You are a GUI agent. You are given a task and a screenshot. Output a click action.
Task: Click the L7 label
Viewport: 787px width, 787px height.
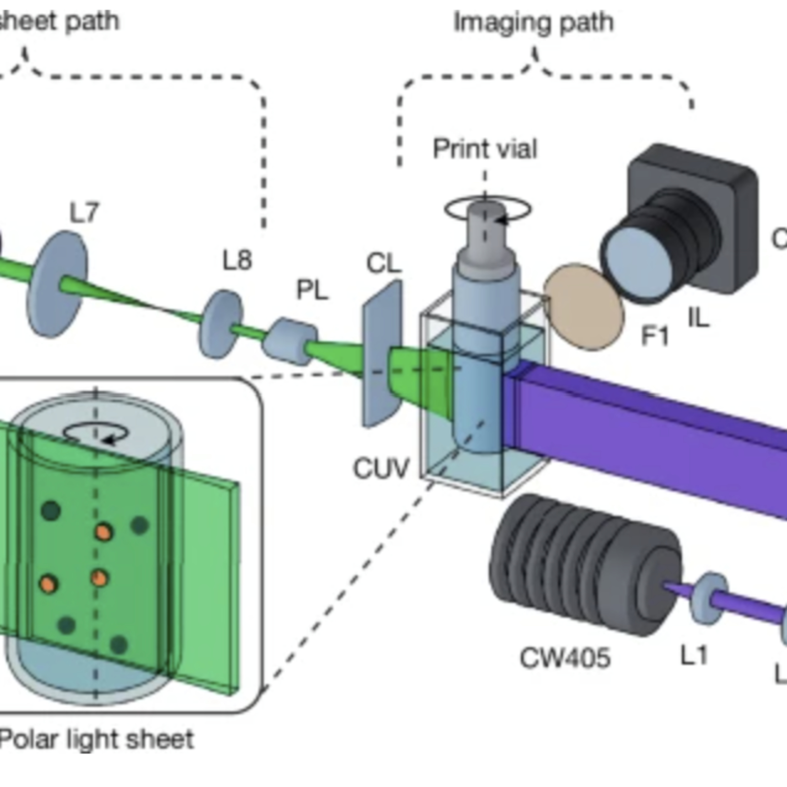pos(84,213)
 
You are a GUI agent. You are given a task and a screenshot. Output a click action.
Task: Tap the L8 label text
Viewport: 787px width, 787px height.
pos(237,261)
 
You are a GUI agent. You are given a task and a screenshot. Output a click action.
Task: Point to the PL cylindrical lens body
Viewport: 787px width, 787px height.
pos(289,341)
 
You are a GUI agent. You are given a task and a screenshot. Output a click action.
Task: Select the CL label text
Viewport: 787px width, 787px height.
pos(384,264)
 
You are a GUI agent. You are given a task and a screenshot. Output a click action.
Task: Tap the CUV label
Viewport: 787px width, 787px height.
pos(380,469)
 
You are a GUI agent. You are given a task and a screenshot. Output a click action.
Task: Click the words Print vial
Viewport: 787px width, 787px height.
pos(485,149)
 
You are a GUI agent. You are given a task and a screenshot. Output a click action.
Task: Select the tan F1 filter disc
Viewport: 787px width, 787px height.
pos(584,307)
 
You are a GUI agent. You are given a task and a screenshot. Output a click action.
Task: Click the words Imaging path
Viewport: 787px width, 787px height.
pos(534,22)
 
